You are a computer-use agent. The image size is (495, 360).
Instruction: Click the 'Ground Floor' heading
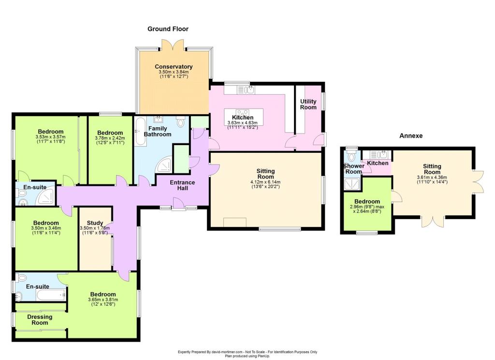click(168, 29)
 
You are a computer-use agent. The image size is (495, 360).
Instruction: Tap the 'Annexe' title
click(411, 135)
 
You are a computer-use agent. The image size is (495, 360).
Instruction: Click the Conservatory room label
click(174, 67)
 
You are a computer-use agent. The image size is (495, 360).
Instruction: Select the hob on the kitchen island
click(242, 113)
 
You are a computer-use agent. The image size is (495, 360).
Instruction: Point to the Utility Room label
click(308, 105)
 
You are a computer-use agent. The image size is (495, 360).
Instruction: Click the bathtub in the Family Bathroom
click(140, 132)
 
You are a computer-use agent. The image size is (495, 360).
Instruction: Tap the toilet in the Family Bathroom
click(181, 121)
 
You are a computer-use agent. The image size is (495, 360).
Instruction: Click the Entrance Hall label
click(182, 185)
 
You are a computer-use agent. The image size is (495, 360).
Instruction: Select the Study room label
click(95, 223)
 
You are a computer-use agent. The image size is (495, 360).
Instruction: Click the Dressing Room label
click(40, 320)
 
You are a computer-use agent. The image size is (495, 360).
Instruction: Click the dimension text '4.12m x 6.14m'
click(265, 182)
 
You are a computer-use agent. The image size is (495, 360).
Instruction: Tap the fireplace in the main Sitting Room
click(234, 223)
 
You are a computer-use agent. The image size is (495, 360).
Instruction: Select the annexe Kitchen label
click(378, 163)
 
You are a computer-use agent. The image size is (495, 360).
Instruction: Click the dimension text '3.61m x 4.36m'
click(432, 178)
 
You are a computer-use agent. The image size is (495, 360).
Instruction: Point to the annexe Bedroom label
click(367, 202)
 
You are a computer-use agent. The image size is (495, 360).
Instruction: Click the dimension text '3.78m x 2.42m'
click(110, 138)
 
